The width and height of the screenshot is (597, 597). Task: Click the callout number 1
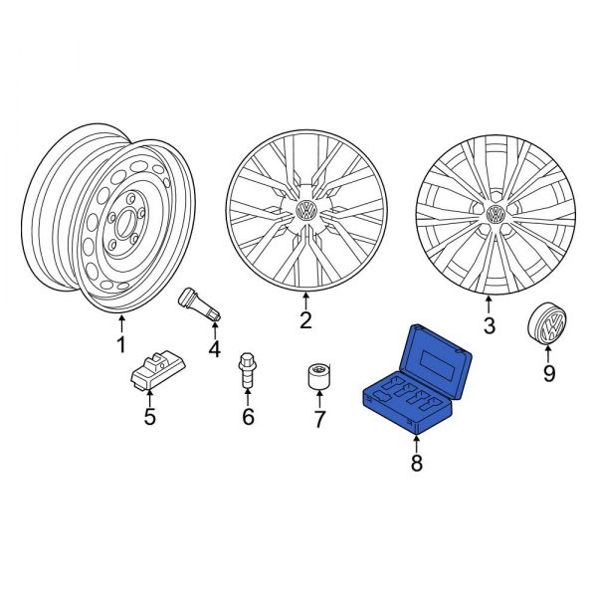coord(121,346)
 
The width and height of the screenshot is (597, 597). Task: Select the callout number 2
coord(305,320)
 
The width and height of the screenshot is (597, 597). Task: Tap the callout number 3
coord(489,325)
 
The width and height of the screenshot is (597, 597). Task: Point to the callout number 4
coord(213,348)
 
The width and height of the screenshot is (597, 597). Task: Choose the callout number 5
coord(149,417)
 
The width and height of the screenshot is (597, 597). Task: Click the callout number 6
coord(249,417)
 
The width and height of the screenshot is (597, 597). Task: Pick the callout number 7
coord(319,420)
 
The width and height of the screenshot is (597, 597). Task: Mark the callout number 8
coord(416,463)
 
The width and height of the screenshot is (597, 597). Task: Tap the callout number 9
coord(547,375)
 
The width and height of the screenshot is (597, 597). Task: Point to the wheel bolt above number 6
coord(246,372)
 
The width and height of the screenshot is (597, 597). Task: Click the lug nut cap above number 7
coord(318,378)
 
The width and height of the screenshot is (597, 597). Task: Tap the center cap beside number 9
coord(546,323)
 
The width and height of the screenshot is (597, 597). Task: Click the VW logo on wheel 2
coord(307,212)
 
